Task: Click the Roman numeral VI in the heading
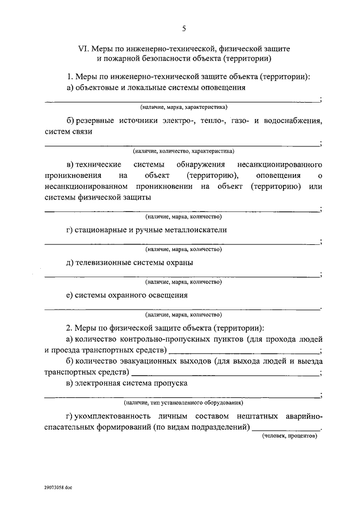coord(82,48)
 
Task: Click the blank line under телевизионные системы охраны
coord(181,275)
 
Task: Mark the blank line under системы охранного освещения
coord(181,308)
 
